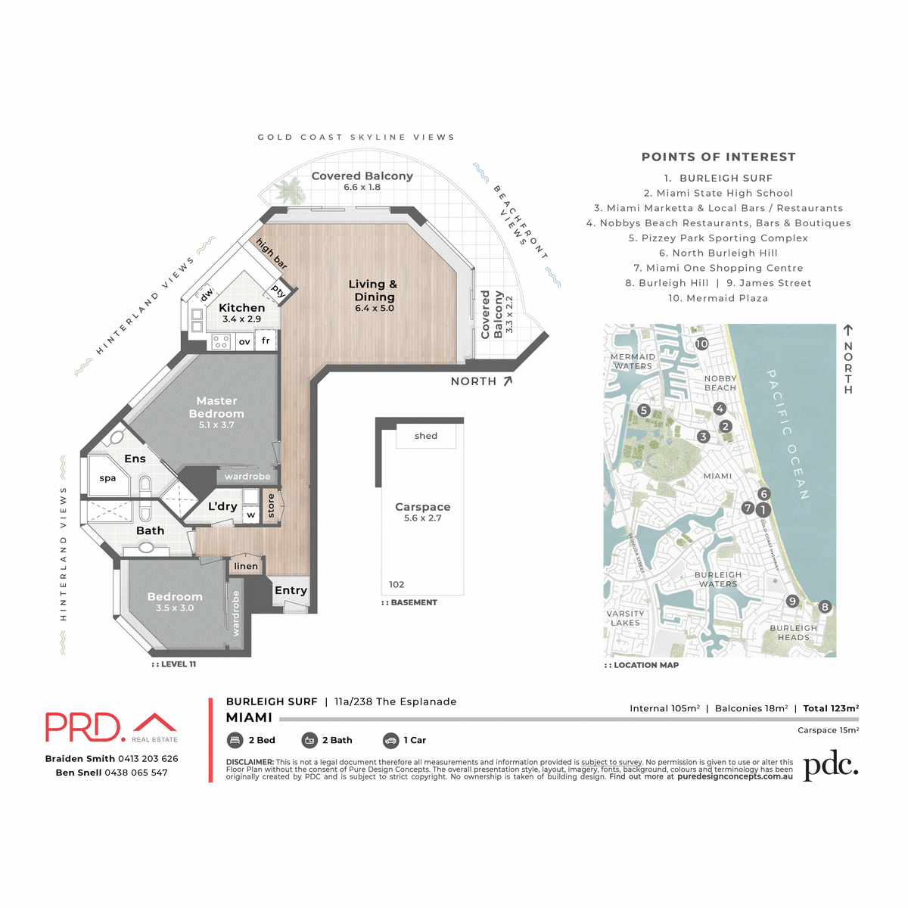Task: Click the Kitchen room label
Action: click(241, 308)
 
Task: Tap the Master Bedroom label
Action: click(216, 407)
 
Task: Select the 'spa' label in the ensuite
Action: click(107, 478)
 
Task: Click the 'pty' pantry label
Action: click(278, 291)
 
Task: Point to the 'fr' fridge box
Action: click(266, 341)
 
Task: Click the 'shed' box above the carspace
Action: click(426, 436)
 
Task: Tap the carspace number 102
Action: click(396, 584)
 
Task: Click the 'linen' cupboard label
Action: click(246, 566)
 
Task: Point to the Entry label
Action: click(291, 590)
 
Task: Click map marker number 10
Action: click(701, 344)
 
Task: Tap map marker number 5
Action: click(643, 410)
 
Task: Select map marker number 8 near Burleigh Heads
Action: click(825, 606)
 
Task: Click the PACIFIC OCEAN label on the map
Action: click(788, 434)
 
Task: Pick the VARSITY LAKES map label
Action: click(625, 618)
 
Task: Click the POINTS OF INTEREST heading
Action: click(718, 157)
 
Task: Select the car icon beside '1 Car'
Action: click(390, 740)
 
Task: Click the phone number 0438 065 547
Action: click(136, 773)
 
